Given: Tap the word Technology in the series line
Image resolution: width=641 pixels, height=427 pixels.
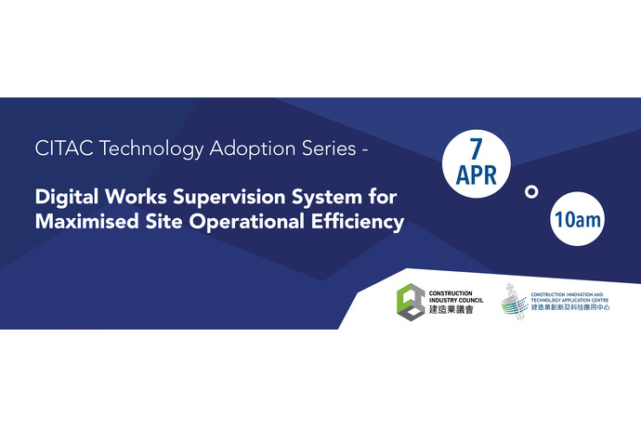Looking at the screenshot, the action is click(151, 149).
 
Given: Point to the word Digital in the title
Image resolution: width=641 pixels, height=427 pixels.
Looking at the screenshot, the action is click(67, 198).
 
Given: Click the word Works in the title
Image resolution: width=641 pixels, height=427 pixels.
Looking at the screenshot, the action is click(136, 197).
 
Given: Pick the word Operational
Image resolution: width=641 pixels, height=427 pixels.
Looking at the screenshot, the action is click(246, 223).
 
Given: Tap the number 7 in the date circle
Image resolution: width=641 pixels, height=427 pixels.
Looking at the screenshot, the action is click(476, 149).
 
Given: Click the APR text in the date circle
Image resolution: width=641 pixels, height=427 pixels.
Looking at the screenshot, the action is click(477, 175).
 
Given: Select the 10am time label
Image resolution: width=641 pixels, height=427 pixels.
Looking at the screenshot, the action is click(578, 219).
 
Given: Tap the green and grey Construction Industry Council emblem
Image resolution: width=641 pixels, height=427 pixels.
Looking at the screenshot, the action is click(411, 303).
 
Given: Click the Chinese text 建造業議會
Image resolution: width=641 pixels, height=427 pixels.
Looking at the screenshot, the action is click(451, 310).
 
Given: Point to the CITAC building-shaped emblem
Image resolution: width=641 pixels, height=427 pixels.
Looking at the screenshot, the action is click(515, 302).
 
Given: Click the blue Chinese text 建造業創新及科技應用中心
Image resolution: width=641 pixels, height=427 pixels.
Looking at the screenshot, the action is click(570, 307).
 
